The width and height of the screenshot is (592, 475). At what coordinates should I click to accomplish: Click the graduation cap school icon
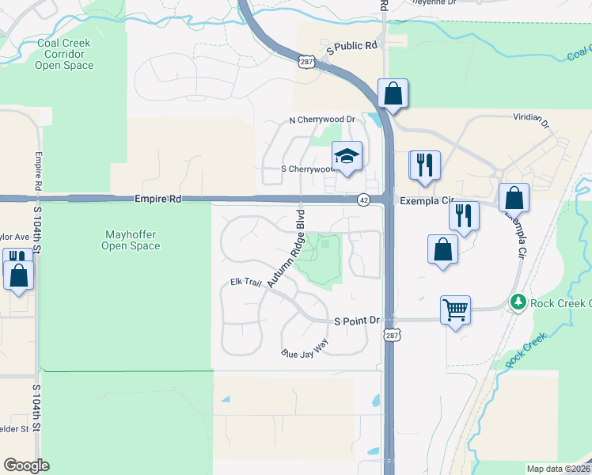click(x=347, y=157)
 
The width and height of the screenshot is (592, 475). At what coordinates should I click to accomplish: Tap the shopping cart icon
click(x=455, y=310)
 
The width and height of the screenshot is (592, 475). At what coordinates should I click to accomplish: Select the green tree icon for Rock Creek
click(x=518, y=302)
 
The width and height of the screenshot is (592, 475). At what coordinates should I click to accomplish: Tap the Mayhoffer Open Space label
click(x=131, y=240)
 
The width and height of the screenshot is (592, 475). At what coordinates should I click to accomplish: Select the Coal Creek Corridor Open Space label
click(x=63, y=55)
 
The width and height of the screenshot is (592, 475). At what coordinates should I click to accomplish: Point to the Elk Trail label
click(x=245, y=282)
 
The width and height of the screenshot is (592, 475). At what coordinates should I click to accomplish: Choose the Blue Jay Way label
click(x=305, y=348)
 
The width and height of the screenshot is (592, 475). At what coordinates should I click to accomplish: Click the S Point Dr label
click(x=357, y=321)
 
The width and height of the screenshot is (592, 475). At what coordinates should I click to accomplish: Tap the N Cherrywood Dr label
click(x=322, y=120)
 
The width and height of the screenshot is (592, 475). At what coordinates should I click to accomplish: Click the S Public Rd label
click(x=355, y=47)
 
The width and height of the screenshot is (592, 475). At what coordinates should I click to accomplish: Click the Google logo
click(x=26, y=465)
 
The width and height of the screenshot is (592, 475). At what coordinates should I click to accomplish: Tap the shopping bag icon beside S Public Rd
click(x=393, y=93)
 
